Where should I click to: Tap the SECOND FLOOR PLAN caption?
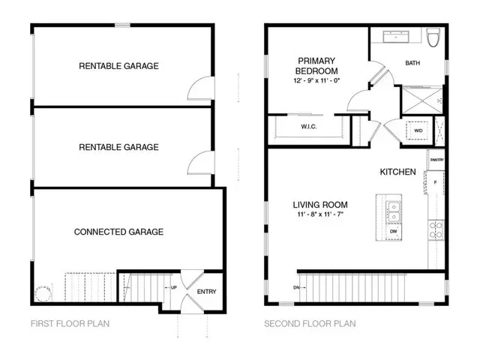click(310, 324)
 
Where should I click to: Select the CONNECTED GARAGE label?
click(118, 232)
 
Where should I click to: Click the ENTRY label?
click(206, 291)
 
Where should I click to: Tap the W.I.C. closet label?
click(308, 127)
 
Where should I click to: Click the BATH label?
click(412, 64)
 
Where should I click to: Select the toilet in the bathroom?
click(432, 37)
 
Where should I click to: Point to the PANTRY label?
click(436, 160)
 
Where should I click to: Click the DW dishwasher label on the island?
click(393, 232)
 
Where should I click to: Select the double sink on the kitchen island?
click(393, 211)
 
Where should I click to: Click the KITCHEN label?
click(397, 172)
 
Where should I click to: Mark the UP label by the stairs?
click(174, 288)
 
